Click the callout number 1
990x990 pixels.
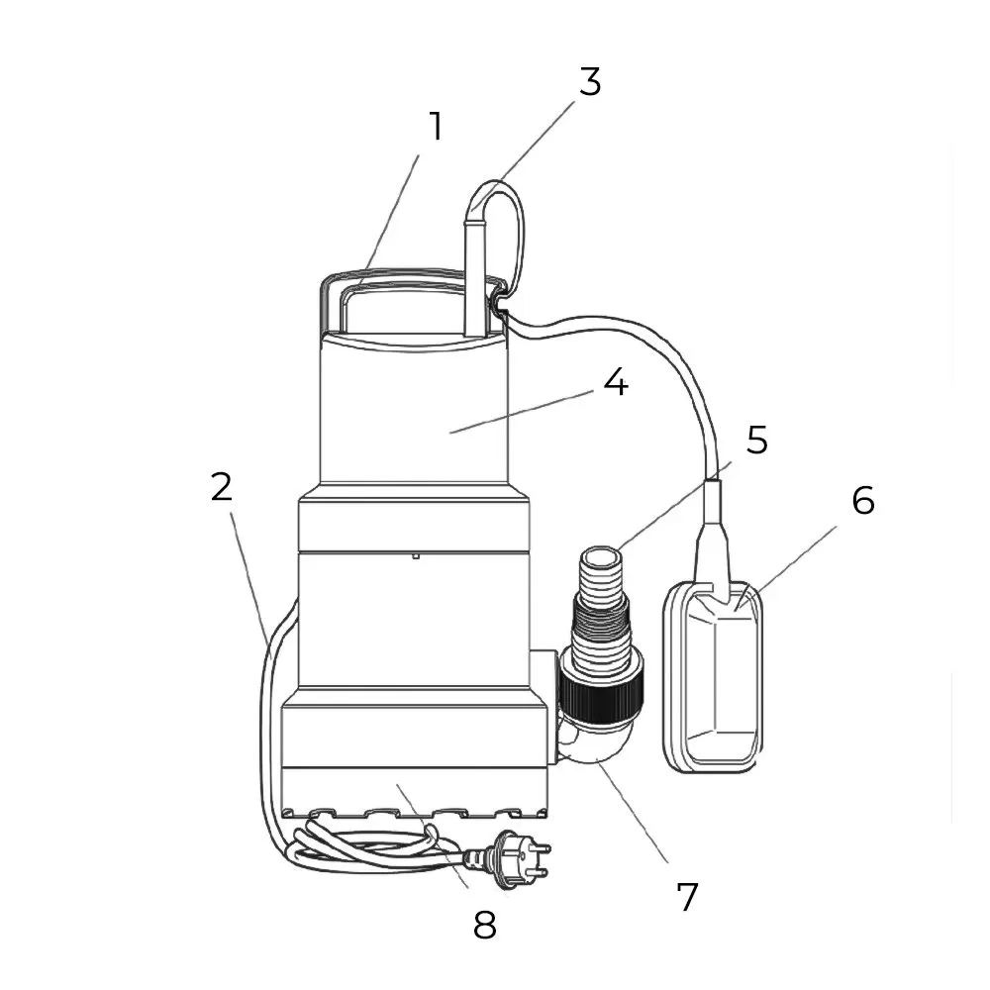point(435,127)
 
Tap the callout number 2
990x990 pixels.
point(221,487)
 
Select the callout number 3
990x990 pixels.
point(590,82)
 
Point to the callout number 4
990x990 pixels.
point(615,383)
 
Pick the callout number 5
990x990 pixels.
point(757,441)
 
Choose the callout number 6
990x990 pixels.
point(863,502)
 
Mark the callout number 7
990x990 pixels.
point(687,897)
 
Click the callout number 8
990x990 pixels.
point(484,926)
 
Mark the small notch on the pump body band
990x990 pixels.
point(416,555)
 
